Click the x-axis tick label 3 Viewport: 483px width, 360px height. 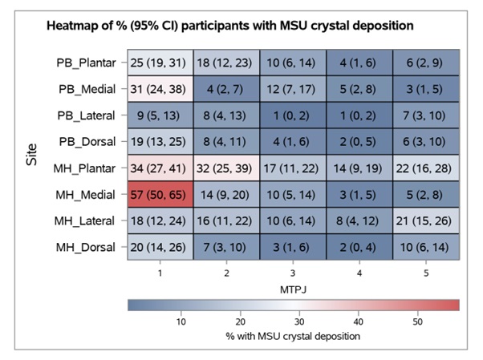point(294,273)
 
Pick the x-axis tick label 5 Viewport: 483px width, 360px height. point(426,273)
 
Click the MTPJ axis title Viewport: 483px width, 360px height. point(293,287)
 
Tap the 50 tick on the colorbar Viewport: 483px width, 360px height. point(417,321)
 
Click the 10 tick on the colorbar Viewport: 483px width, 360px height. point(181,321)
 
